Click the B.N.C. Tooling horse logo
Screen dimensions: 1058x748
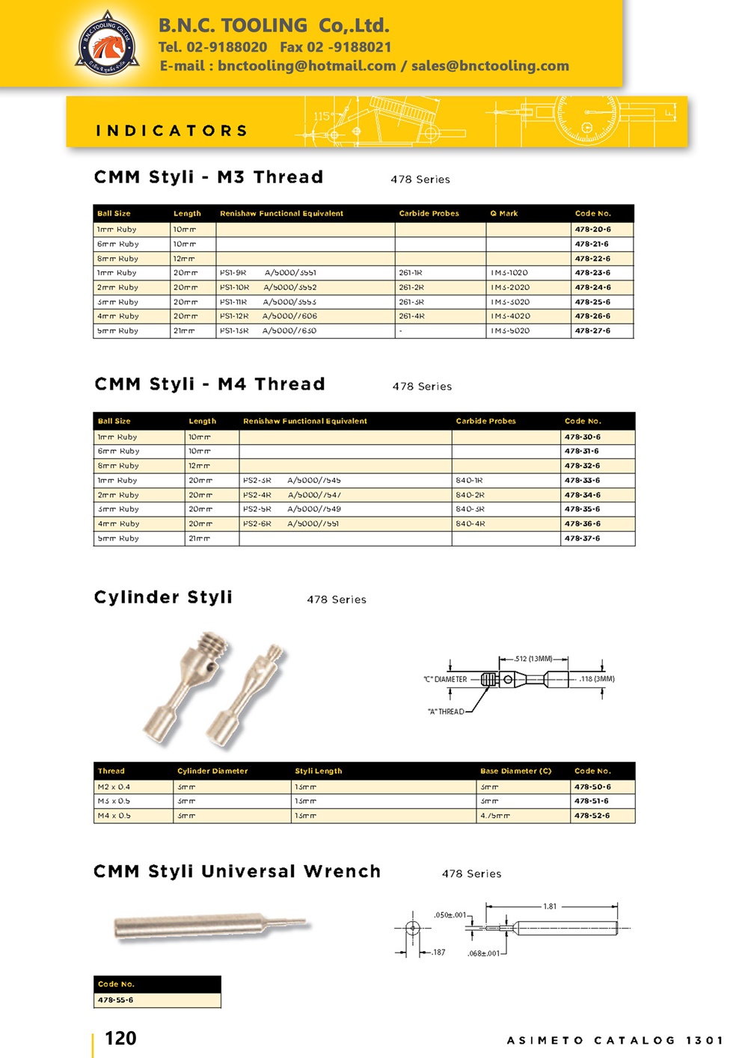[108, 44]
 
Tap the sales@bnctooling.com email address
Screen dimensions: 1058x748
[490, 66]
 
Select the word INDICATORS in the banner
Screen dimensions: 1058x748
[172, 131]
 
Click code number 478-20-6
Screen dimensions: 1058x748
[592, 230]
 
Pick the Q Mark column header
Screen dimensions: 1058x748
[503, 214]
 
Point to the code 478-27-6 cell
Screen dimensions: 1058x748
[592, 330]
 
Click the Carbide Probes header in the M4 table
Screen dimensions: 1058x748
[485, 421]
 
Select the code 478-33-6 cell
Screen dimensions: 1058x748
[582, 481]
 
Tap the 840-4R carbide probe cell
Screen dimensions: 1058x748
[470, 524]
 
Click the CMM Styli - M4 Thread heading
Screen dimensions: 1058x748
[209, 384]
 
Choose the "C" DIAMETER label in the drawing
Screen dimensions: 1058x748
[445, 680]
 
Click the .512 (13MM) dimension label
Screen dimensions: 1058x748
[533, 659]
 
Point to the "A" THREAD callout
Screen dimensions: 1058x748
[446, 712]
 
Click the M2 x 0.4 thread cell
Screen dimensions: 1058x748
[114, 787]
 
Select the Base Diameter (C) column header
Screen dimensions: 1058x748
[515, 771]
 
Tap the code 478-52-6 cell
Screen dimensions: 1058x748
[592, 816]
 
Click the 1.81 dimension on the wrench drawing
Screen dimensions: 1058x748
[550, 906]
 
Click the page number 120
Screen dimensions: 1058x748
[120, 1038]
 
